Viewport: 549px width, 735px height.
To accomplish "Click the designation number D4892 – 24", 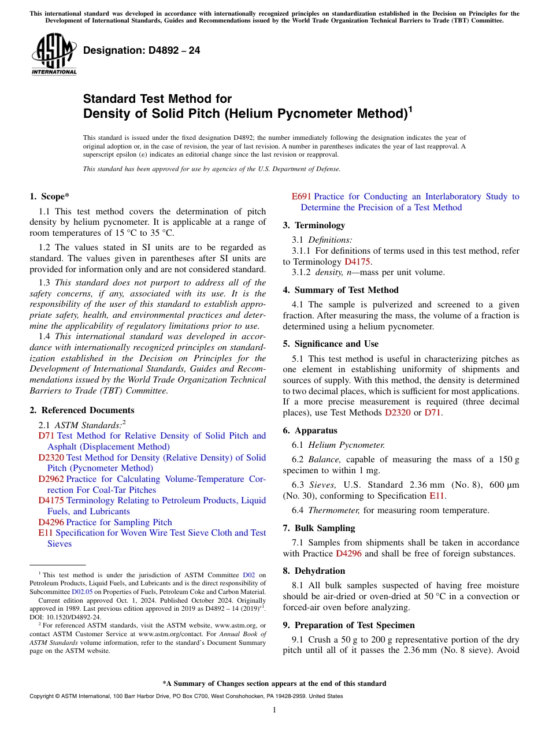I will point(142,50).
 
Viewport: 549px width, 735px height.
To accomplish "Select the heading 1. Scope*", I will point(50,196).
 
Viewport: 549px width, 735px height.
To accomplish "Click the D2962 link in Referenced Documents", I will point(51,479).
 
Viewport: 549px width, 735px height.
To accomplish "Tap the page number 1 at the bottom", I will point(274,710).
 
